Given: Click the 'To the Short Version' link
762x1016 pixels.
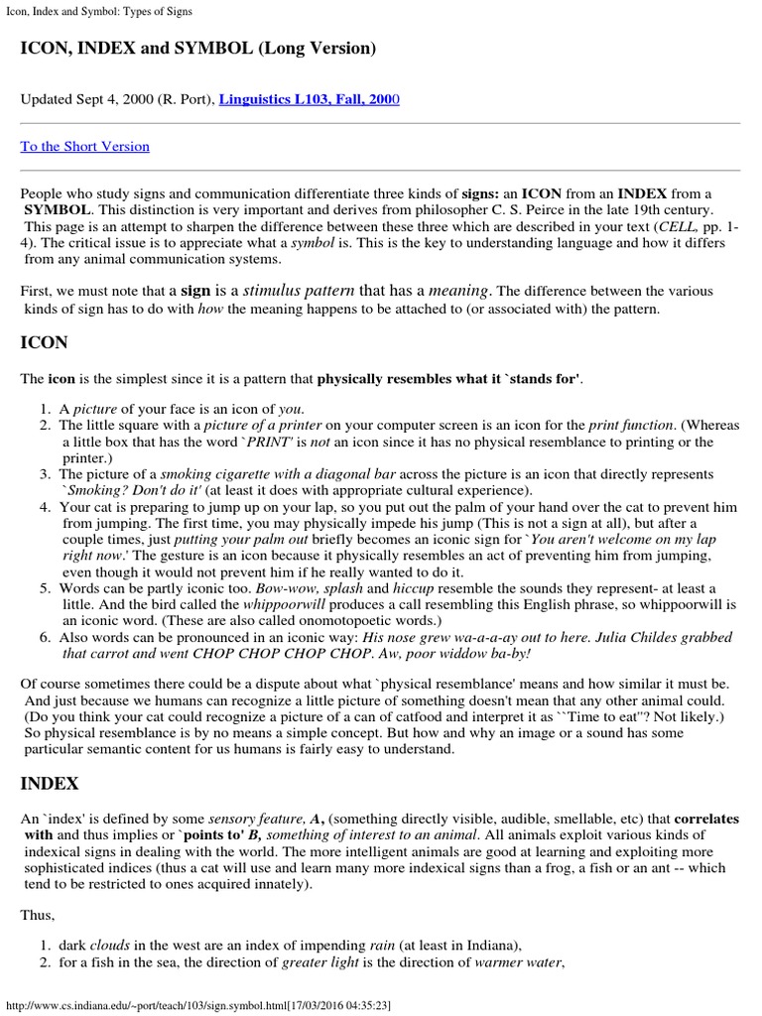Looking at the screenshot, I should pyautogui.click(x=85, y=147).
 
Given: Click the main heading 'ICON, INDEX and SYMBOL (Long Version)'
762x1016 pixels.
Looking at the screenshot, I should pyautogui.click(x=198, y=48).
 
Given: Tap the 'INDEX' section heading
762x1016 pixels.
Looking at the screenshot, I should pyautogui.click(x=50, y=783).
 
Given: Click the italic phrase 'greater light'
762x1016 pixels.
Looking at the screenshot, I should pyautogui.click(x=321, y=962).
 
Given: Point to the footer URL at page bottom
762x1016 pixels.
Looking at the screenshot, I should pyautogui.click(x=198, y=1005).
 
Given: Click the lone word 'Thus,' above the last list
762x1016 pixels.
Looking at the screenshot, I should pyautogui.click(x=38, y=917).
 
